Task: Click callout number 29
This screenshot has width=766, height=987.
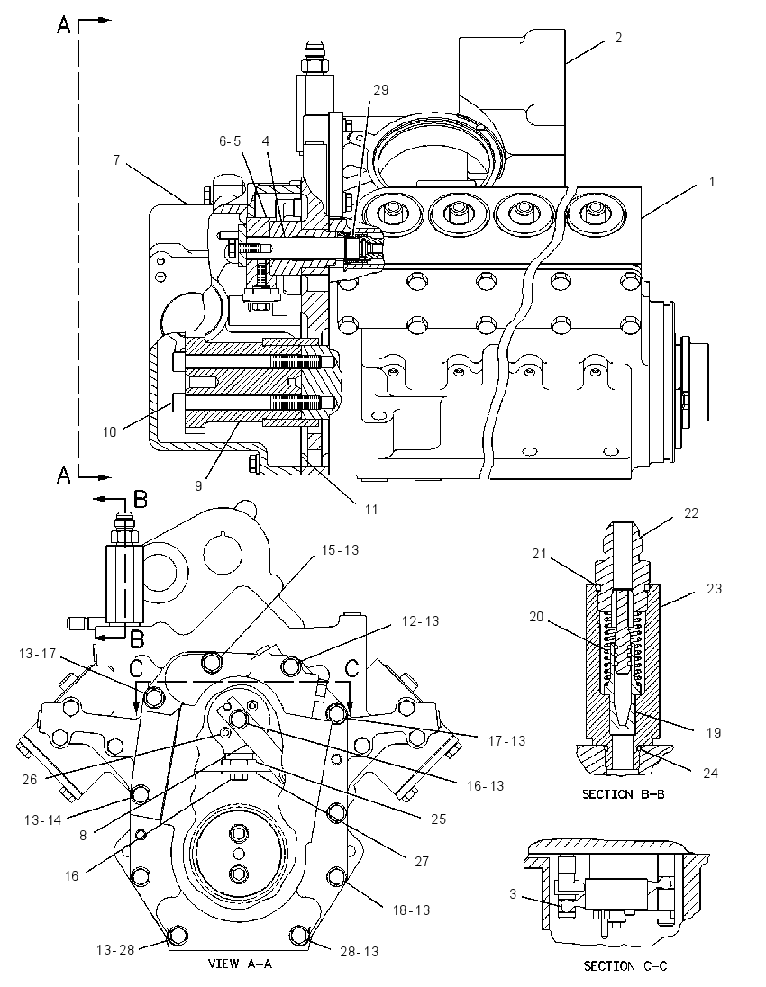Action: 380,90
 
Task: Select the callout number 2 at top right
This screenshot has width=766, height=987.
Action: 618,38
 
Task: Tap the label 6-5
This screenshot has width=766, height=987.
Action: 230,141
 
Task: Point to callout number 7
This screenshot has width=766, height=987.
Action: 116,160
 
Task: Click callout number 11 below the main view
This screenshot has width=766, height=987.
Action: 371,509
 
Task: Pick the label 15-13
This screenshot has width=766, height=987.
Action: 340,549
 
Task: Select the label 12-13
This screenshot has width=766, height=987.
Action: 421,620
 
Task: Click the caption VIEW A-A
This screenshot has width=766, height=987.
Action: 240,963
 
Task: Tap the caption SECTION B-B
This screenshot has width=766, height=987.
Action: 624,793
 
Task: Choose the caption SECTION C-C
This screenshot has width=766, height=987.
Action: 625,965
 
